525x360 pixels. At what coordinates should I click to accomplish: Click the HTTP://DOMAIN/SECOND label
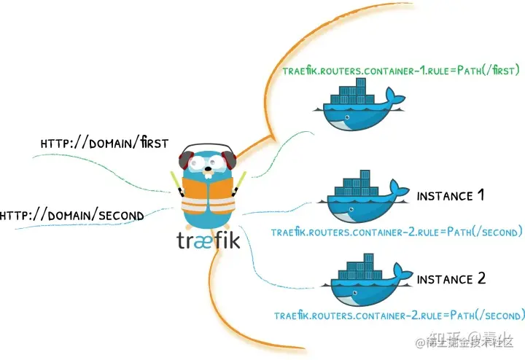click(x=71, y=215)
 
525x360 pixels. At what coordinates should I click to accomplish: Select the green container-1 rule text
click(x=400, y=71)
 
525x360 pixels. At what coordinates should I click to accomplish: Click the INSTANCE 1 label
click(x=450, y=195)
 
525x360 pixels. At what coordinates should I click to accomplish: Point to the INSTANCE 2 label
click(x=450, y=278)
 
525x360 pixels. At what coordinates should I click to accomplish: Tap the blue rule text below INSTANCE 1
click(x=397, y=232)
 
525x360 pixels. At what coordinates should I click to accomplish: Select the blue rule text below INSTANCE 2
click(x=400, y=316)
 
